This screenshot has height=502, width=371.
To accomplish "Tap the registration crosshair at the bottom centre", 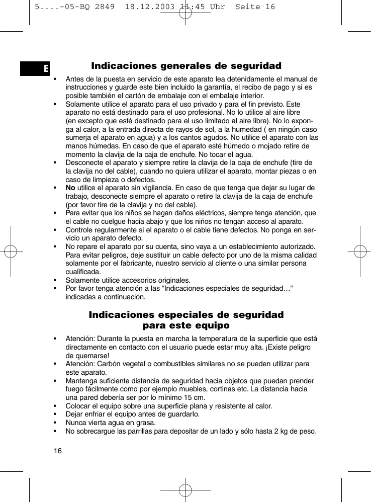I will point(185,488).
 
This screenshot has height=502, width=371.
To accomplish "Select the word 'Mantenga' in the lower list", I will point(81,381).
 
